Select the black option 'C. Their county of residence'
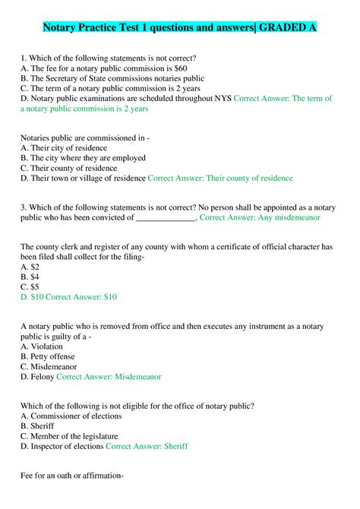tap(69, 168)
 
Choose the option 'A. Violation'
tap(46, 346)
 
